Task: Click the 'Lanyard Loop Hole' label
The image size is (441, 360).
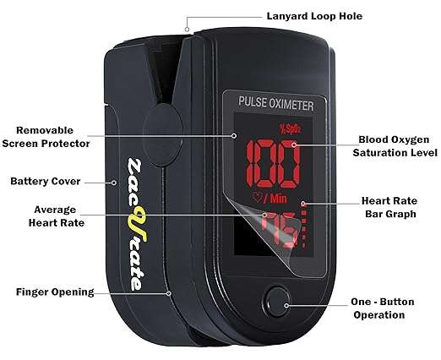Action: (x=314, y=16)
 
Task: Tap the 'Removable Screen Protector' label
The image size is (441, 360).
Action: (x=46, y=137)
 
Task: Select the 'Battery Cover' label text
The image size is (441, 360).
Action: (x=46, y=181)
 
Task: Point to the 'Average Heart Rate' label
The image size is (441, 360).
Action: (x=57, y=216)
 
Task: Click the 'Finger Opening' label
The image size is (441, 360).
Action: (x=55, y=292)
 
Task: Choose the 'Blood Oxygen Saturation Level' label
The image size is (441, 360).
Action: (x=395, y=146)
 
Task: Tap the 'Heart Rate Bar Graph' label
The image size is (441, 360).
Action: (x=389, y=207)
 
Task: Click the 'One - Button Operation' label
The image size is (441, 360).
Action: (x=382, y=308)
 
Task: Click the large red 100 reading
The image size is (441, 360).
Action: (x=272, y=164)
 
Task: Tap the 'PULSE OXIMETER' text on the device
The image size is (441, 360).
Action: (x=276, y=103)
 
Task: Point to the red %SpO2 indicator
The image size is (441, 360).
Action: (x=290, y=128)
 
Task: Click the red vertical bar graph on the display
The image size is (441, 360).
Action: (x=303, y=225)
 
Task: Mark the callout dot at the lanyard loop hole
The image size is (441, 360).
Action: (x=187, y=30)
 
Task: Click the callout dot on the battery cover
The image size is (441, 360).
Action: (x=114, y=183)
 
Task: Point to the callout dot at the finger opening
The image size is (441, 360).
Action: (x=168, y=293)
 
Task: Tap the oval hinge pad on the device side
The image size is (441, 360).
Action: (x=163, y=134)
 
